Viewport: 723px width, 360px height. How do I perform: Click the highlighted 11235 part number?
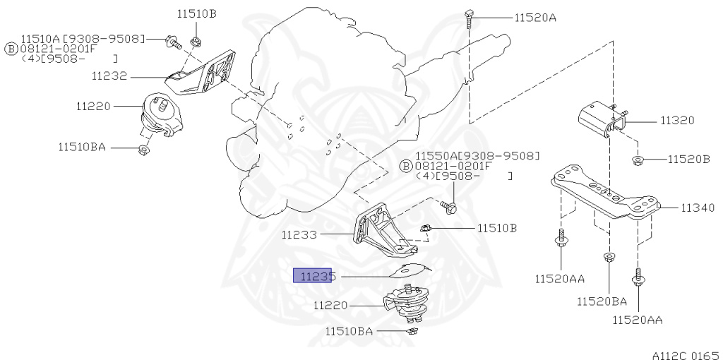coord(313,276)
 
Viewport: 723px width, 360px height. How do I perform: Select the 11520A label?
coord(535,18)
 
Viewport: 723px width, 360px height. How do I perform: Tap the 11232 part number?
coord(109,76)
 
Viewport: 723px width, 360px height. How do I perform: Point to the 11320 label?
coord(677,121)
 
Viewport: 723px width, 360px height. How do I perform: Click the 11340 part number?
coord(698,208)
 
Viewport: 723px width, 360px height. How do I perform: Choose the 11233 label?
coord(299,235)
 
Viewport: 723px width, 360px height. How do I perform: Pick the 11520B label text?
coord(689,159)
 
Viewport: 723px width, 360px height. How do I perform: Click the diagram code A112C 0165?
coord(685,355)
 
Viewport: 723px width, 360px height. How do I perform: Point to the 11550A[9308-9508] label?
coord(477,156)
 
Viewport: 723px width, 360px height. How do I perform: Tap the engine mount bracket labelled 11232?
coord(201,73)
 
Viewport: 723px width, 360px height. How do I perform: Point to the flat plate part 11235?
coord(410,271)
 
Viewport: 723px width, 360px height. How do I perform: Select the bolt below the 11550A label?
coord(448,207)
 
